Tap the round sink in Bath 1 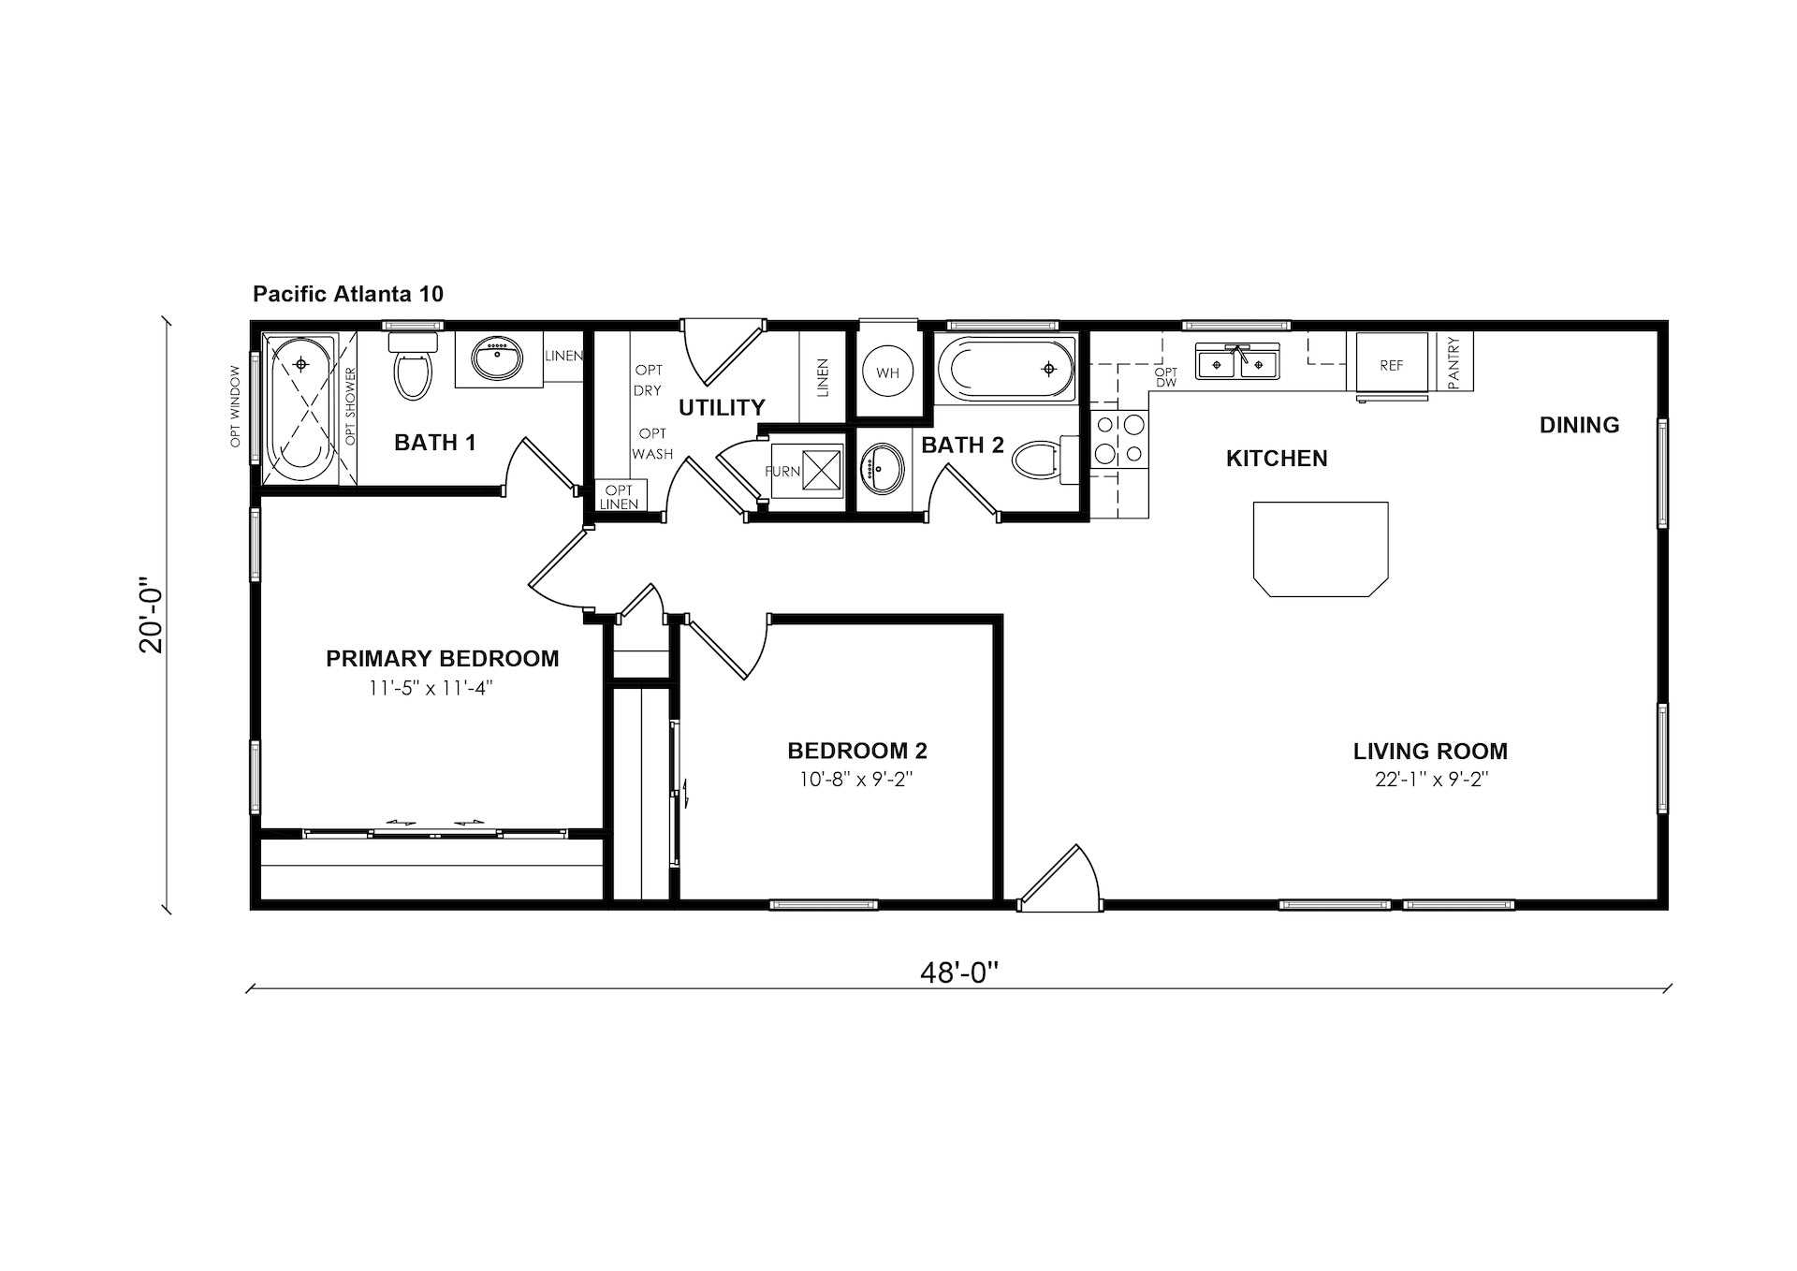point(498,358)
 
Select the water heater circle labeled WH point(887,373)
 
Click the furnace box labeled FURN point(805,470)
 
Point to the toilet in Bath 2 point(1048,460)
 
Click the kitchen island point(1321,548)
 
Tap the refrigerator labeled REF point(1391,365)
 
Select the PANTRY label point(1454,362)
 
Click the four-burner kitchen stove point(1119,439)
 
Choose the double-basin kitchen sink point(1237,362)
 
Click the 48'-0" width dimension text point(959,973)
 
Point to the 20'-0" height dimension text point(151,620)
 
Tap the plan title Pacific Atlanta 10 point(348,294)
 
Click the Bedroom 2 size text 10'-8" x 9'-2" point(855,779)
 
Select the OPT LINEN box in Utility point(620,496)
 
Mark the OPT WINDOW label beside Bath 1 point(236,406)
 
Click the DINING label point(1580,425)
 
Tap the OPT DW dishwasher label point(1166,377)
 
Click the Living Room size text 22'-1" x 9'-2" point(1431,779)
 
